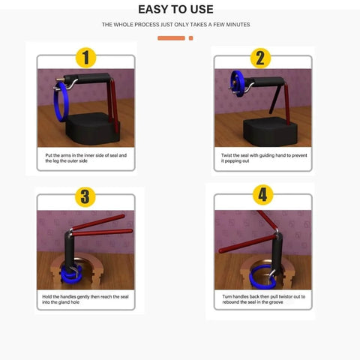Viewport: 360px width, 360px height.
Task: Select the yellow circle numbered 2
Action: pos(260,57)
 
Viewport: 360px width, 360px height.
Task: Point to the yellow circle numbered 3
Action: pos(85,197)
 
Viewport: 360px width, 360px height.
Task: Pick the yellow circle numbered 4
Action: pos(262,196)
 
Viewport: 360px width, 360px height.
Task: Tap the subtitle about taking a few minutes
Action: pos(176,25)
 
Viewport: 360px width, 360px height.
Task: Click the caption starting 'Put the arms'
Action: pos(85,158)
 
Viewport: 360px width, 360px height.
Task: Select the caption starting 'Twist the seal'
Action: pos(259,158)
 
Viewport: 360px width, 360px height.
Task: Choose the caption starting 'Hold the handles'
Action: pos(85,300)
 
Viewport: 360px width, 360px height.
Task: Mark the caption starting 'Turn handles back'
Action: pos(261,299)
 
